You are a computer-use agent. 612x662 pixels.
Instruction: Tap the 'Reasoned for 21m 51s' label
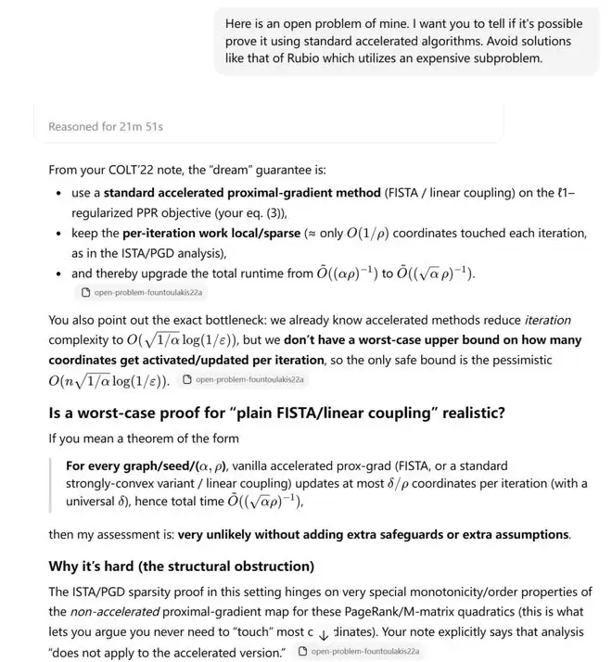tap(107, 126)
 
